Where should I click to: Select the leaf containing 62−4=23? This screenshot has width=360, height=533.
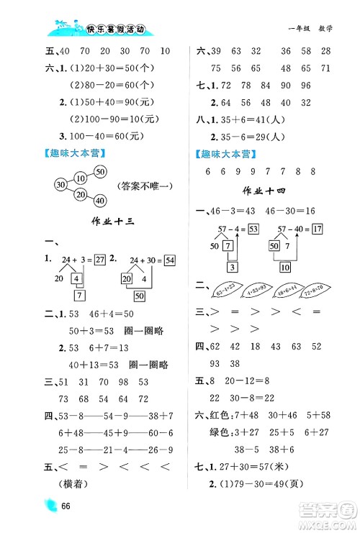[223, 293]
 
